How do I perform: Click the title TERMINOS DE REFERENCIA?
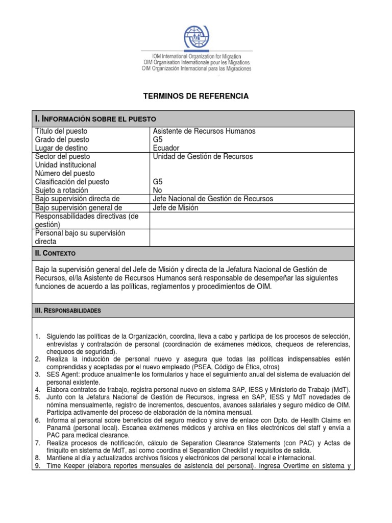(x=196, y=96)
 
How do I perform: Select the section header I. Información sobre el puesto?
(x=91, y=118)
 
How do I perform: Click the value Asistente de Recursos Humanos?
(x=204, y=131)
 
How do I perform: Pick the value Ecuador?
(x=166, y=148)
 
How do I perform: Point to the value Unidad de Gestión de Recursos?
(x=203, y=157)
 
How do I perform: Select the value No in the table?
(x=158, y=190)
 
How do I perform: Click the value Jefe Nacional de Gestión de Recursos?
(x=213, y=199)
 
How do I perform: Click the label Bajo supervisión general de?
(x=79, y=207)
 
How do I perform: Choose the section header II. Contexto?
(x=55, y=253)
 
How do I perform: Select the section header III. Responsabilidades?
(x=68, y=311)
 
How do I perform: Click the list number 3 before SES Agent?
(x=38, y=374)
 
